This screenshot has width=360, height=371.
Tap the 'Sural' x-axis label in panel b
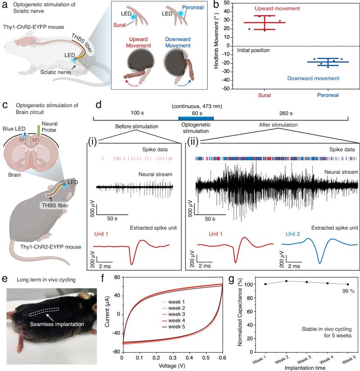click(x=264, y=95)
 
